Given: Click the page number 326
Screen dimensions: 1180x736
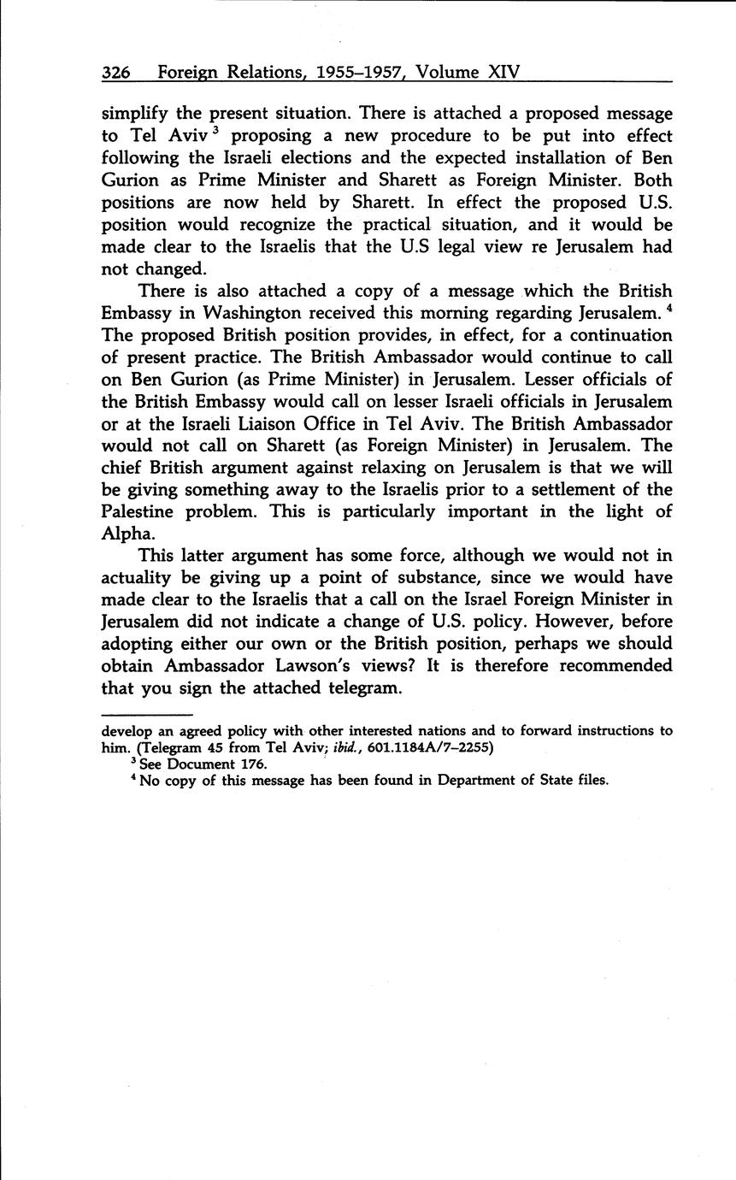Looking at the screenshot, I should tap(115, 73).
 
